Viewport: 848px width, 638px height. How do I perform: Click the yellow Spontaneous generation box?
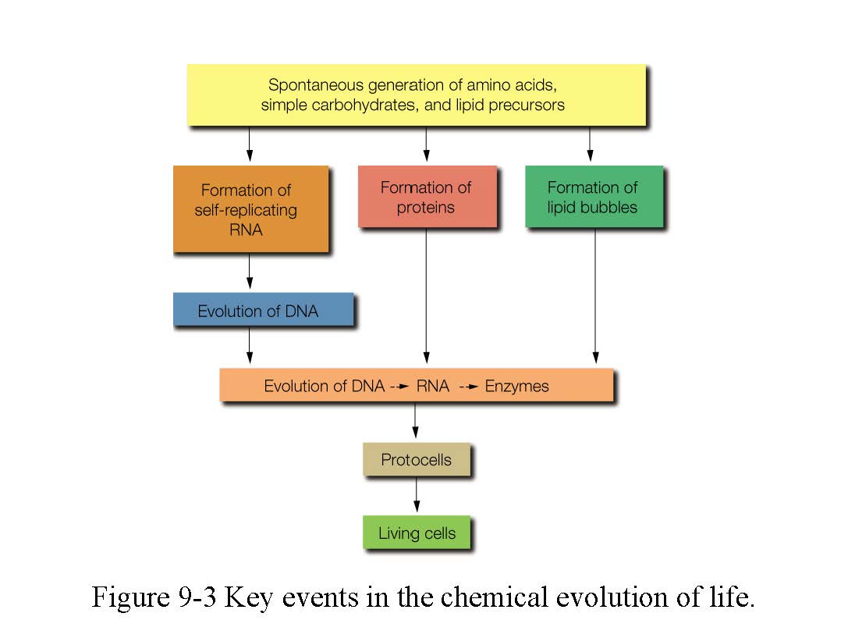pyautogui.click(x=416, y=94)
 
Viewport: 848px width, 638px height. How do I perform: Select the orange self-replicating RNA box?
pyautogui.click(x=250, y=209)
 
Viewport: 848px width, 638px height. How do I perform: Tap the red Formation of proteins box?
pyautogui.click(x=426, y=196)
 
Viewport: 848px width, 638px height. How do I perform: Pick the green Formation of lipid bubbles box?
pyautogui.click(x=593, y=196)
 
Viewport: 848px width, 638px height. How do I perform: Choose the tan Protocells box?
pyautogui.click(x=416, y=459)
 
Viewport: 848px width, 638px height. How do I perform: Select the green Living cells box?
pyautogui.click(x=416, y=533)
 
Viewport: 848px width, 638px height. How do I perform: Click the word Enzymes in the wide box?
pyautogui.click(x=516, y=386)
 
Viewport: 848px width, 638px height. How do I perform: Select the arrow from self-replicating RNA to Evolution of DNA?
pyautogui.click(x=250, y=272)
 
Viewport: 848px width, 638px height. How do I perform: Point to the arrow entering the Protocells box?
pyautogui.click(x=415, y=421)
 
